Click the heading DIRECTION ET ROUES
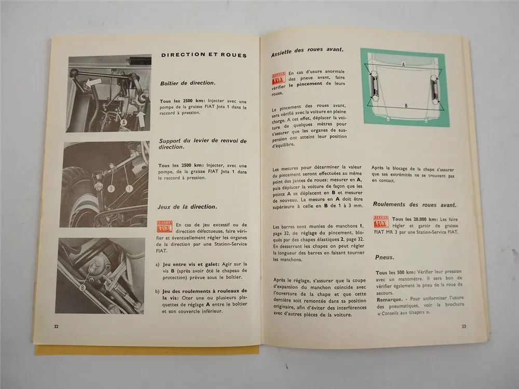203,55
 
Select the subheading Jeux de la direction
187,206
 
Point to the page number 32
57,326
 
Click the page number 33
463,326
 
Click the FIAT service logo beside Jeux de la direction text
165,226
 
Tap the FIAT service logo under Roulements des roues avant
381,221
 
